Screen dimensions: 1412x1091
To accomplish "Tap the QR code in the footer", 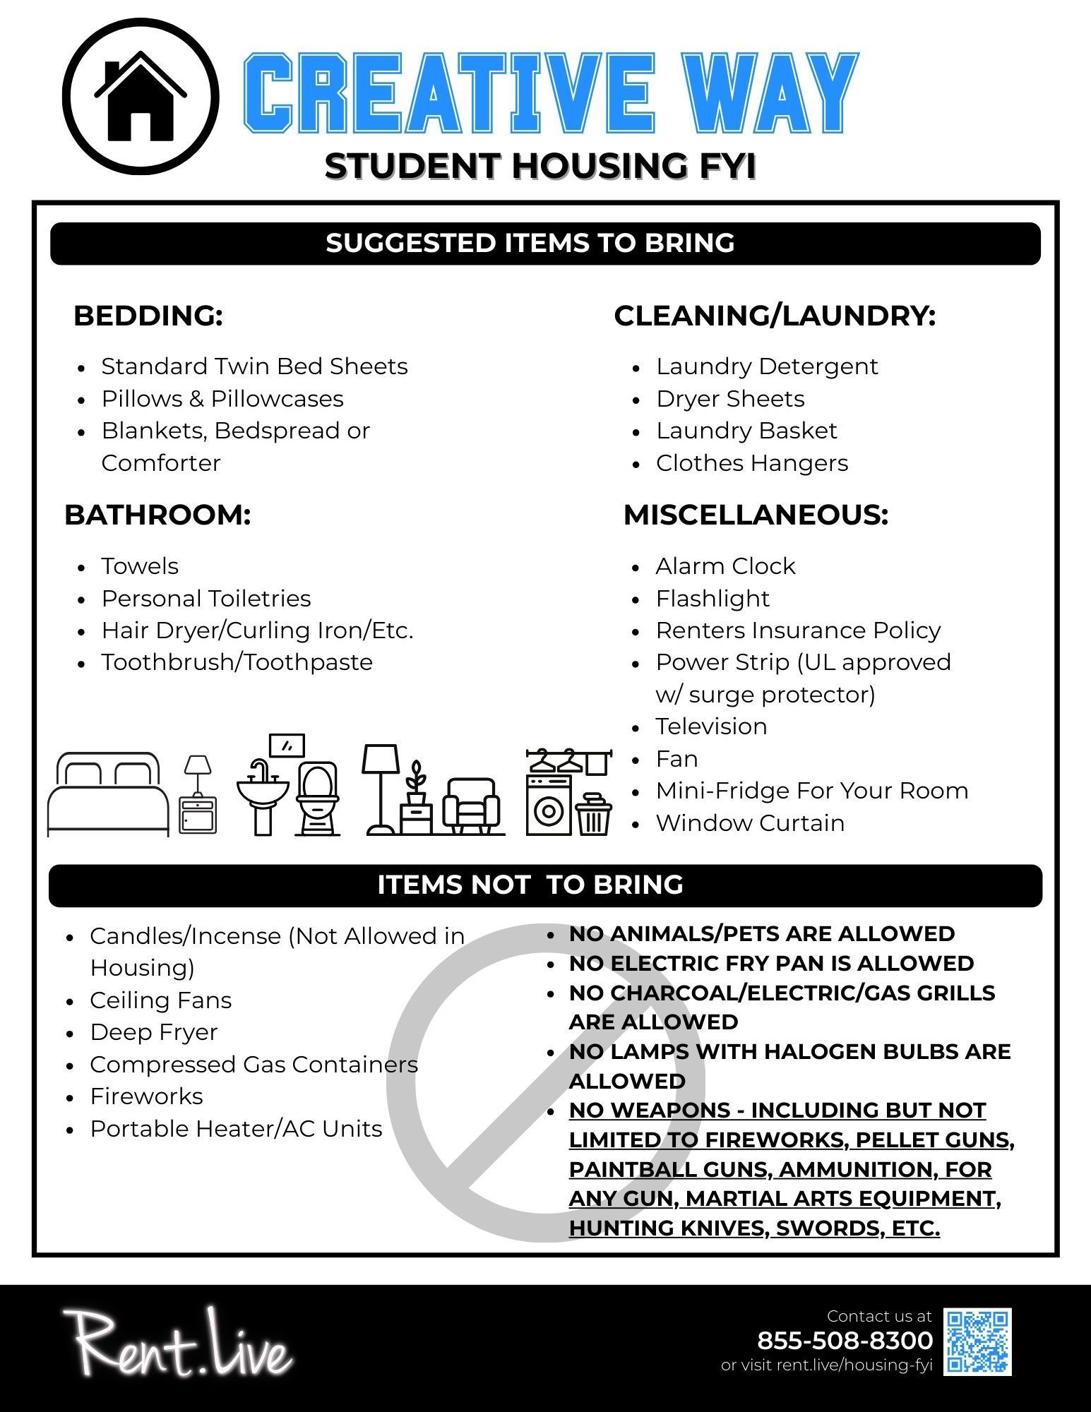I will (x=978, y=1341).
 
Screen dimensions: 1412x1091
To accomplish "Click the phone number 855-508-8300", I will (x=845, y=1340).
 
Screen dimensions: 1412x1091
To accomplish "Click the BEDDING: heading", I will (x=148, y=316).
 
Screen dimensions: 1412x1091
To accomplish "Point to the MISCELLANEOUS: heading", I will (x=756, y=515).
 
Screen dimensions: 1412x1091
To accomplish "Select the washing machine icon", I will (x=549, y=805).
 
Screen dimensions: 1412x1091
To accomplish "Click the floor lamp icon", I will (x=381, y=787).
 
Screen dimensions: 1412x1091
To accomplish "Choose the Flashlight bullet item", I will (x=712, y=599).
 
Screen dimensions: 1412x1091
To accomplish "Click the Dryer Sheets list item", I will (x=730, y=399).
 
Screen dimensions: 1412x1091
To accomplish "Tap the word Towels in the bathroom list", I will (x=140, y=566).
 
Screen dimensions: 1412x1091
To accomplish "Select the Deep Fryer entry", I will (x=153, y=1032).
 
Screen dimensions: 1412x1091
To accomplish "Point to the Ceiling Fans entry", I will (x=160, y=1000).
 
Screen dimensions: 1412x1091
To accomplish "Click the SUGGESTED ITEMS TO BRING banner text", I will (x=530, y=243).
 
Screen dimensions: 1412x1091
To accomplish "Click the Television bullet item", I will (x=711, y=726).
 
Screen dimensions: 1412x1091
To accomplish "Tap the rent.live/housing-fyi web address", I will (x=854, y=1365).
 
